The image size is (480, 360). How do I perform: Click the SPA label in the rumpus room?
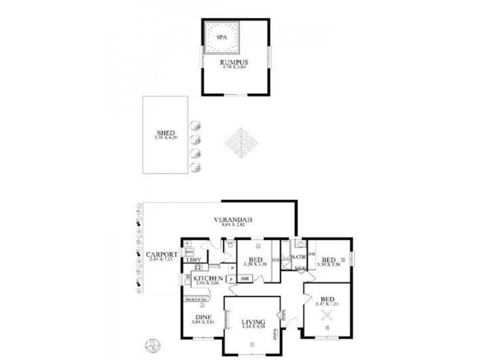pos(221,37)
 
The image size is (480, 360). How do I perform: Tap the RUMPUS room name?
pos(233,61)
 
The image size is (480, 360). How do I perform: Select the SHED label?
pos(165,133)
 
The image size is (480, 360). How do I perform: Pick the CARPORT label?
pos(161,254)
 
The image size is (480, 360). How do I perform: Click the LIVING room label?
pos(253,321)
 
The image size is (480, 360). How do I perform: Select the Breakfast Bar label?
pos(196,298)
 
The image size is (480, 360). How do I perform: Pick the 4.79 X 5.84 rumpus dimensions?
pos(233,67)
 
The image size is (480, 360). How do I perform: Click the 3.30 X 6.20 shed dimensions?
pos(165,139)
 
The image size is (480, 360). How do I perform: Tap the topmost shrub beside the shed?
pos(195,125)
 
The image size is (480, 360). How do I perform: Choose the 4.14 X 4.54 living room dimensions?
pos(253,327)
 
